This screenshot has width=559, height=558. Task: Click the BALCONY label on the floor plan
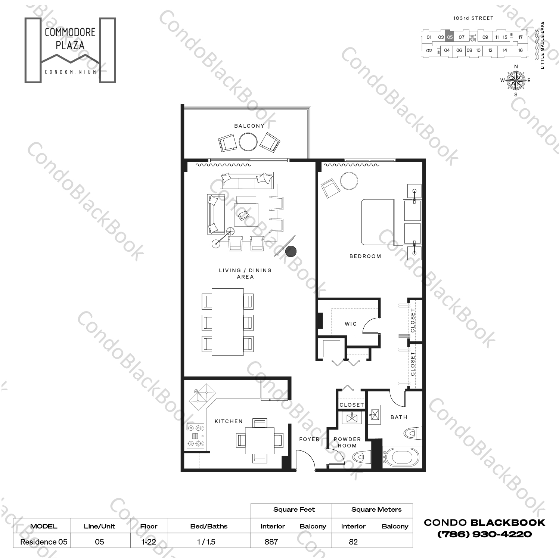[x=249, y=126]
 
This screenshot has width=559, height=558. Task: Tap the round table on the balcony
[x=248, y=142]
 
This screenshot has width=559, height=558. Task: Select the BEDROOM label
[x=365, y=256]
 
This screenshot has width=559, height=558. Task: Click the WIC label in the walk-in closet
[x=351, y=324]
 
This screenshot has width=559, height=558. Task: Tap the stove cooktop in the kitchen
[x=196, y=435]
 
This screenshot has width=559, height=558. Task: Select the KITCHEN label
[x=229, y=421]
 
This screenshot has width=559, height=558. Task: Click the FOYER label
[x=309, y=439]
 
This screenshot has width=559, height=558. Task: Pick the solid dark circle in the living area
[x=291, y=252]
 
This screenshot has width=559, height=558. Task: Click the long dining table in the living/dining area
[x=228, y=322]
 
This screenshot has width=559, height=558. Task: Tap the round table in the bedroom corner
[x=349, y=181]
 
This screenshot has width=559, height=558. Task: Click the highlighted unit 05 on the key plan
[x=450, y=37]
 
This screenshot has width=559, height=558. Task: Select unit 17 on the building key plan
[x=521, y=37]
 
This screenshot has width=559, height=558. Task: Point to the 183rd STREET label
[x=473, y=18]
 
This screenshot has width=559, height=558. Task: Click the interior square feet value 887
[x=271, y=542]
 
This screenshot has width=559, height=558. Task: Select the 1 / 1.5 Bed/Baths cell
[x=206, y=542]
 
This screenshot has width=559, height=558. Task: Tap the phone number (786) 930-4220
[x=484, y=534]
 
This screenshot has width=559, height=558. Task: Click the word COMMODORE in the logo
[x=70, y=32]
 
